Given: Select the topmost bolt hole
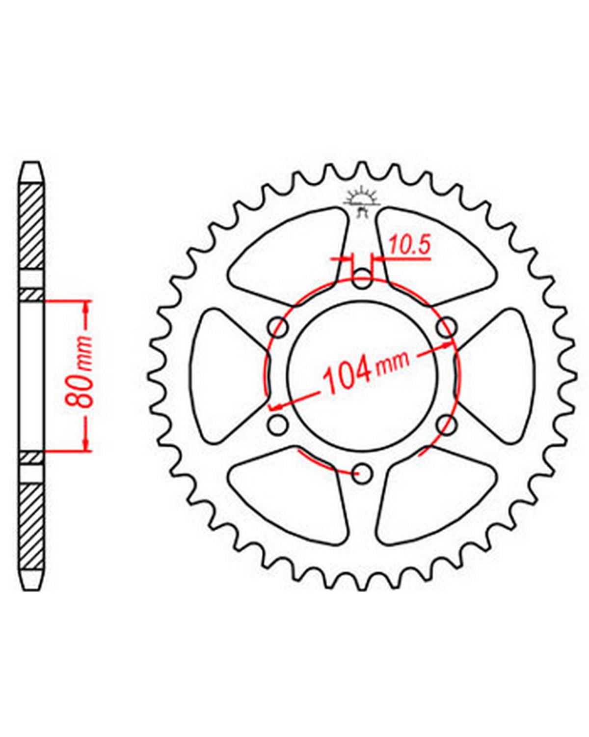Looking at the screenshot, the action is pos(362,279).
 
